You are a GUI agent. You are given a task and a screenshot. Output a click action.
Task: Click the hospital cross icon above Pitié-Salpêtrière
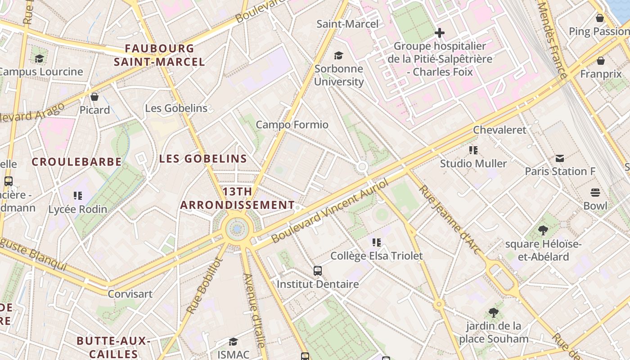click(440, 33)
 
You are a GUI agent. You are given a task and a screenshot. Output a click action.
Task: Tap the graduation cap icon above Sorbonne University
click(338, 55)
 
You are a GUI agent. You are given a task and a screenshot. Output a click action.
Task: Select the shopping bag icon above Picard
click(94, 97)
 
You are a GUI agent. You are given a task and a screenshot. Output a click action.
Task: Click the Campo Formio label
click(292, 125)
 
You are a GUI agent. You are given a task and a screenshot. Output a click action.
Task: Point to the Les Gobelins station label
click(176, 108)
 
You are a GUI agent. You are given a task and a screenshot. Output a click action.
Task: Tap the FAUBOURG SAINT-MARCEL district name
click(159, 55)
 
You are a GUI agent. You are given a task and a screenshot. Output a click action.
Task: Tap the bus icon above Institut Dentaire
click(318, 270)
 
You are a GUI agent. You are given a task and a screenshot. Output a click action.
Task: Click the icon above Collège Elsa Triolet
click(377, 243)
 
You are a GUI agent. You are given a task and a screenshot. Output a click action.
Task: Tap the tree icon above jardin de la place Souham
click(494, 313)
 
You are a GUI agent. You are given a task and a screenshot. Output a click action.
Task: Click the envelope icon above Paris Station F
click(560, 158)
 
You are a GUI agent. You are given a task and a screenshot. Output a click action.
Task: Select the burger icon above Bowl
click(595, 193)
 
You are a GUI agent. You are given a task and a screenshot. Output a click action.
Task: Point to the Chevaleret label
click(499, 130)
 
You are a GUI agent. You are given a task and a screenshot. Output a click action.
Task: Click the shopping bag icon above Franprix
click(601, 61)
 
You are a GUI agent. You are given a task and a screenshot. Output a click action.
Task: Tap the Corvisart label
click(130, 294)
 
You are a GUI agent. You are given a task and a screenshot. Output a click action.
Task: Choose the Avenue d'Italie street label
click(254, 310)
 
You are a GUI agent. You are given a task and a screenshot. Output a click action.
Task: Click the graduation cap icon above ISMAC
click(233, 342)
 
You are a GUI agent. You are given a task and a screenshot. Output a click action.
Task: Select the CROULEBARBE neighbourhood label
click(77, 162)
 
